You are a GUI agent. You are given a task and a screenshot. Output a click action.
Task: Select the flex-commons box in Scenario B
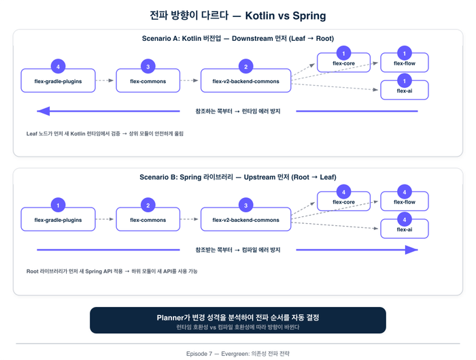(x=148, y=220)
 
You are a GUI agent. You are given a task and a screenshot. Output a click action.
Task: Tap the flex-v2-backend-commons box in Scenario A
(x=245, y=81)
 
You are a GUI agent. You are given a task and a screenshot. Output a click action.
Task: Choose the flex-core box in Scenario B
(x=343, y=202)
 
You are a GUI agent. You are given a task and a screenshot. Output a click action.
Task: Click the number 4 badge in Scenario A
(x=58, y=66)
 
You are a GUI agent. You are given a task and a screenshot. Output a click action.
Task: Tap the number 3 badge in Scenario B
(x=245, y=205)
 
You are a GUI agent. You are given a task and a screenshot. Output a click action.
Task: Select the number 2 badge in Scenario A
(x=245, y=66)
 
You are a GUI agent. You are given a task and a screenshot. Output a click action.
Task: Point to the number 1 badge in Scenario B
(x=58, y=205)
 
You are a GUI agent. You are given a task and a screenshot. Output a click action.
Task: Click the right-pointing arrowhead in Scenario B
(x=411, y=250)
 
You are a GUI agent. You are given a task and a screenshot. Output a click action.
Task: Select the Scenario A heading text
(x=238, y=38)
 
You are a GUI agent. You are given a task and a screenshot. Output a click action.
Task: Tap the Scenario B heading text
(x=238, y=177)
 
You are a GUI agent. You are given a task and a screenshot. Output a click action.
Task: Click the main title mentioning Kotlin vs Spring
(x=238, y=15)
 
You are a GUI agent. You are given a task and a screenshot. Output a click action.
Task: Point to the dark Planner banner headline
(x=238, y=317)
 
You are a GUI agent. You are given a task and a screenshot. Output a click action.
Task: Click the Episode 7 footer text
(x=238, y=354)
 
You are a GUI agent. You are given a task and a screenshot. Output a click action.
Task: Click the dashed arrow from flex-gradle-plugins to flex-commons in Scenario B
(x=104, y=220)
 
